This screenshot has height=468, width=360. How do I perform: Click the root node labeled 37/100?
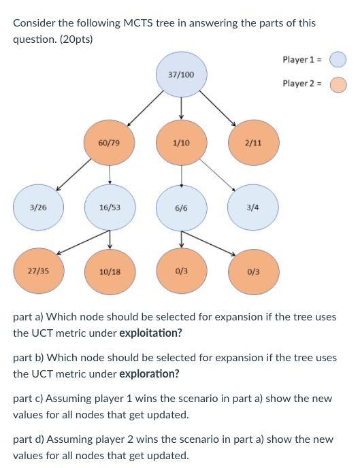coord(181,73)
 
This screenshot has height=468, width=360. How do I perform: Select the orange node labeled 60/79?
coord(109,143)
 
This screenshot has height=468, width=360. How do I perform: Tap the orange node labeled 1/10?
coord(181,143)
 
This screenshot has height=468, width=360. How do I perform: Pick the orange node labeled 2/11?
coord(252,143)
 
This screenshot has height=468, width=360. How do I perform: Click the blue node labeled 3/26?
coord(38,207)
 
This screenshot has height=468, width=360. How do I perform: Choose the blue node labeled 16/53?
coord(110,207)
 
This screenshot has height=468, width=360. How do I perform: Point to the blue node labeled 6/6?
coord(181,207)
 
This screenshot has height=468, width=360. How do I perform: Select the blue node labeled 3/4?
coord(252,207)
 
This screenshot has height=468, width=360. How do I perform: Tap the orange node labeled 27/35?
coord(38,271)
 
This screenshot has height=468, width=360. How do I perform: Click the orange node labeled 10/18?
coord(110,271)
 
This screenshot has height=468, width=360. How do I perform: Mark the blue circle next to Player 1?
coord(338,60)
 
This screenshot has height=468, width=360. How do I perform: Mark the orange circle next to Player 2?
coord(338,84)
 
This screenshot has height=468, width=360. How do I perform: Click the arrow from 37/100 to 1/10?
coord(181,107)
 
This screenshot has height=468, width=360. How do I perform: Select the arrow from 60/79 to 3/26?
coord(73,175)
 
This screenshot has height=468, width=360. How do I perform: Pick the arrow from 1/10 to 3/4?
coord(218,175)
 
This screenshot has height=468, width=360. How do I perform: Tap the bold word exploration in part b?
coord(149,373)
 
